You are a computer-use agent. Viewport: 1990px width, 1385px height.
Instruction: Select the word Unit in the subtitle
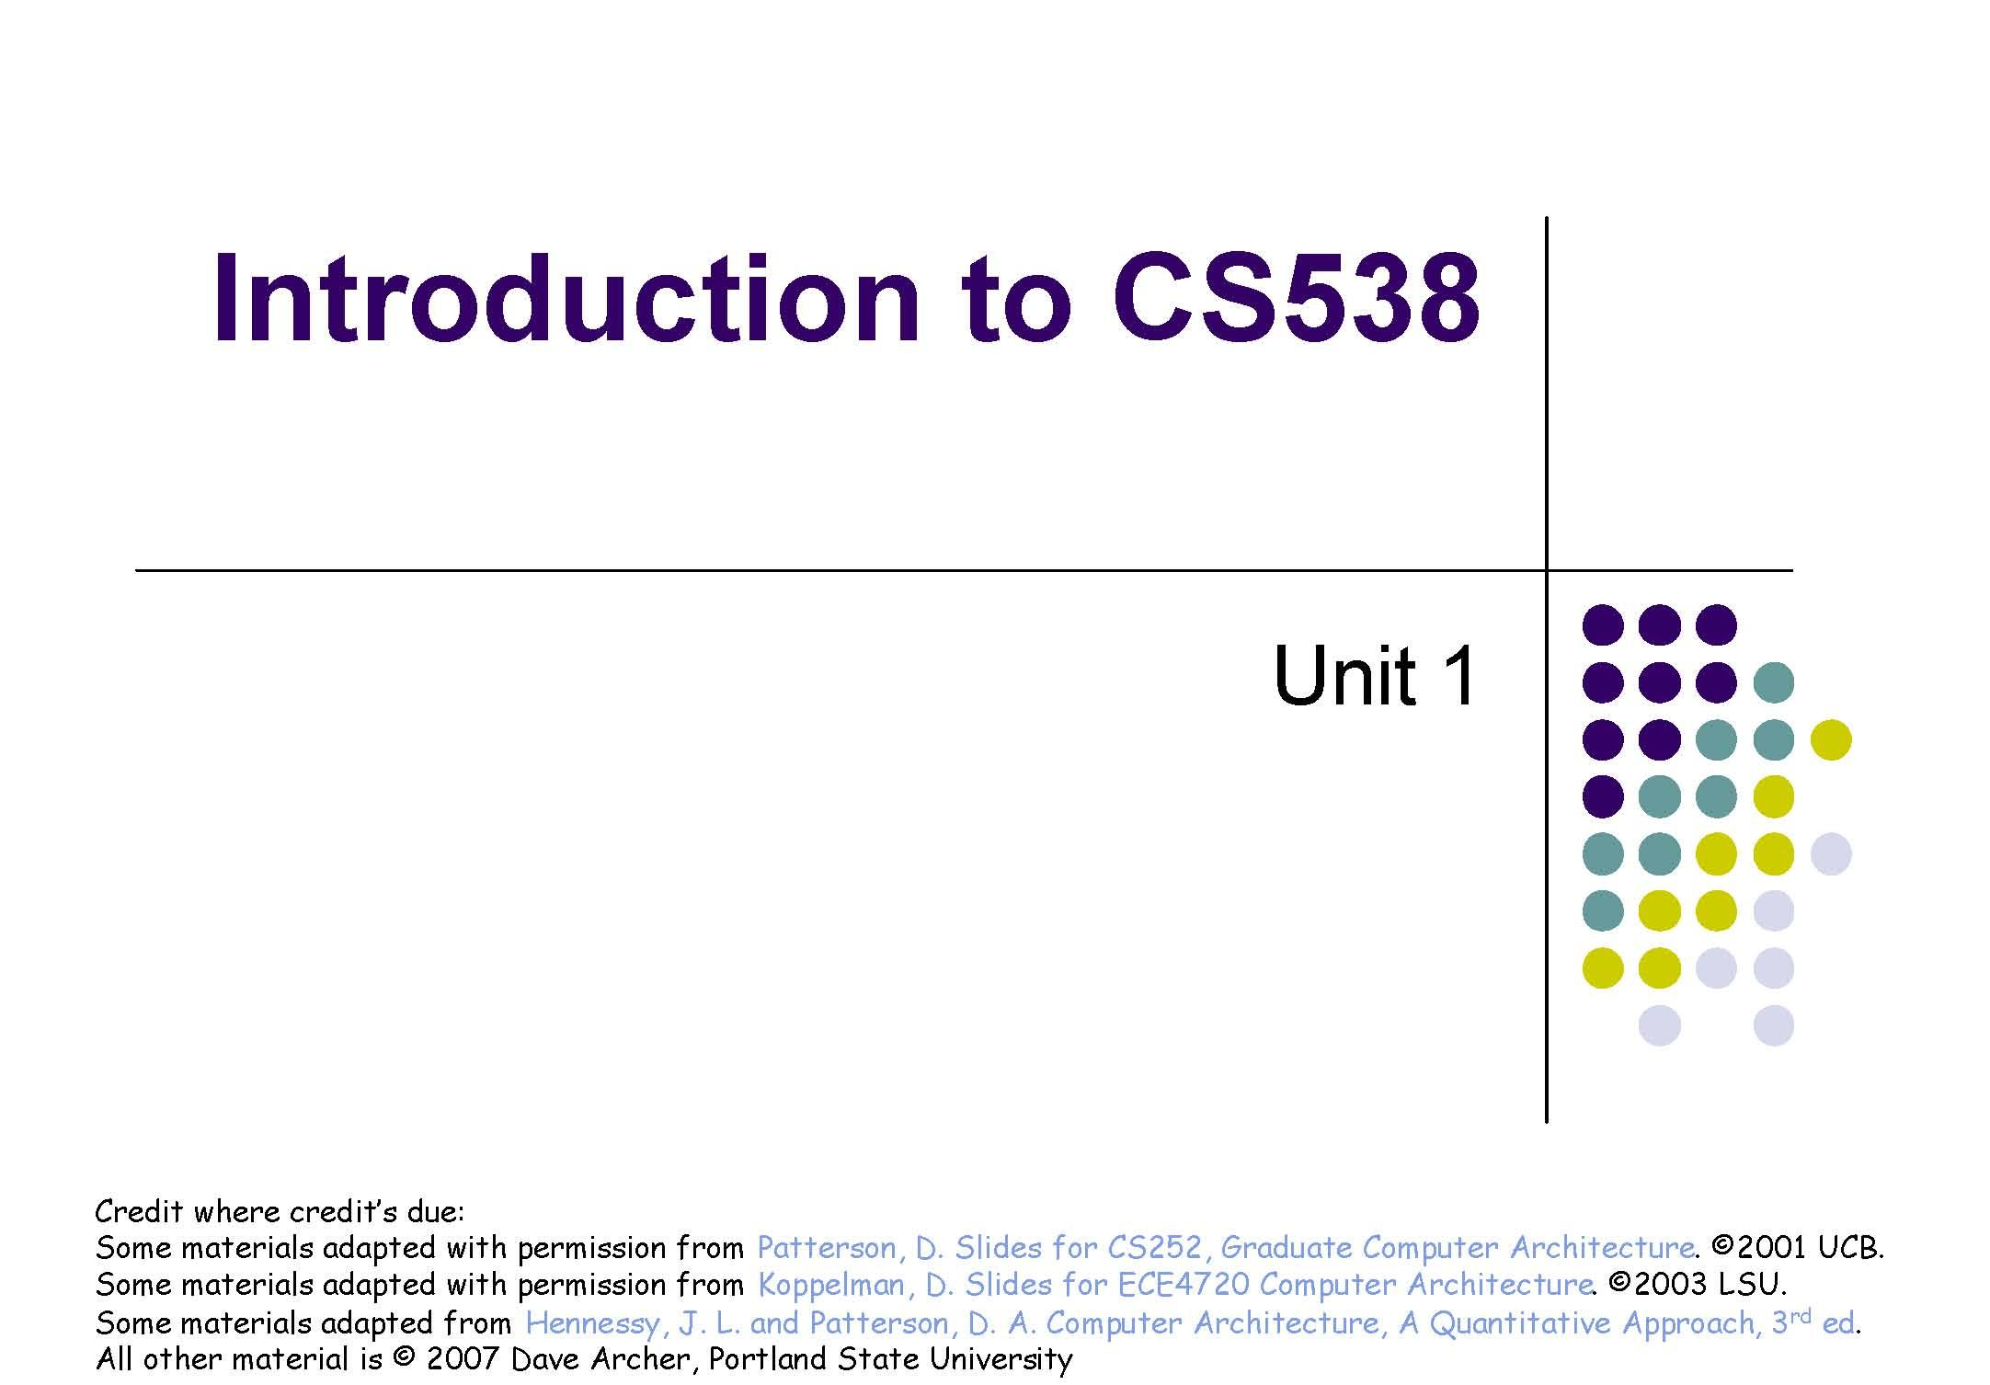pos(1344,676)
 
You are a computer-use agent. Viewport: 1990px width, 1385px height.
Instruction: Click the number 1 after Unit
pos(1457,676)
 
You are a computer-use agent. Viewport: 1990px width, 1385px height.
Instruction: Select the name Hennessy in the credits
pos(592,1323)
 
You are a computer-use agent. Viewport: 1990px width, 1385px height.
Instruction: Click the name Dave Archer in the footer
pos(599,1359)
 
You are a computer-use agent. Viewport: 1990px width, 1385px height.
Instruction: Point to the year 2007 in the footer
pos(462,1359)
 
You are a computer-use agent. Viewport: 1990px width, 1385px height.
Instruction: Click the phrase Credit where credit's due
pos(280,1211)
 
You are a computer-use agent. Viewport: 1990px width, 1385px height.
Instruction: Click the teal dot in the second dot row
pos(1773,682)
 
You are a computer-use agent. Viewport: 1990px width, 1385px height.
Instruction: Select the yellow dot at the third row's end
pos(1830,739)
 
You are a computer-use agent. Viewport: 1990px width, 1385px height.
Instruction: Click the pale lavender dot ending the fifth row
pos(1830,853)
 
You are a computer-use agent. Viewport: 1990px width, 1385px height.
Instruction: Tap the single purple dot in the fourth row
pos(1603,796)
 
